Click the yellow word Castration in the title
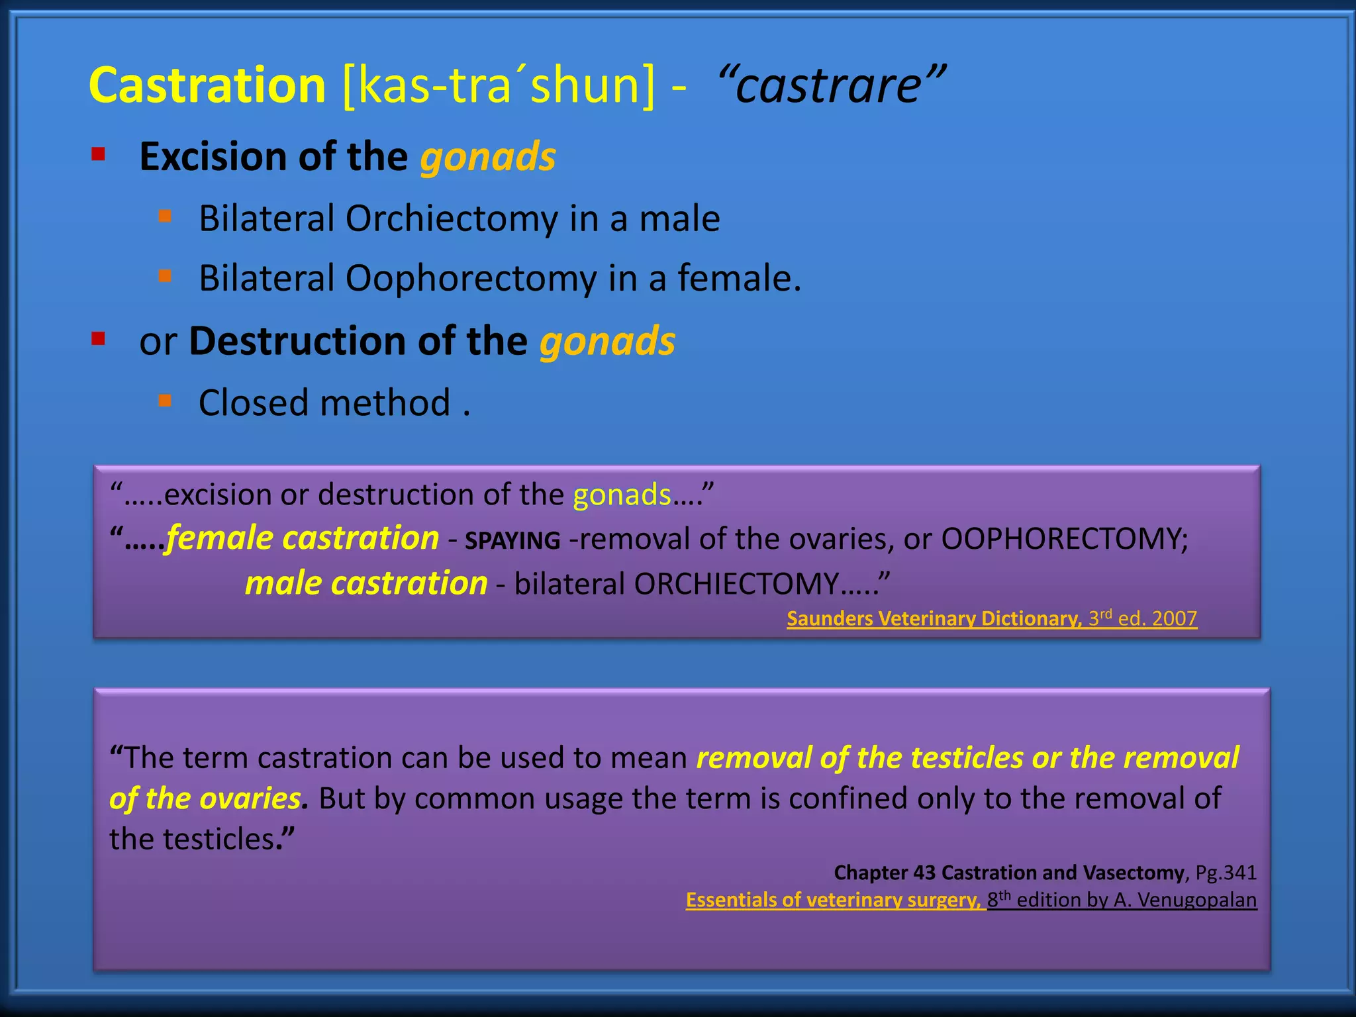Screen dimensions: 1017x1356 pos(207,86)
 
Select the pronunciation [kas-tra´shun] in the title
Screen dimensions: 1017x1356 pos(498,86)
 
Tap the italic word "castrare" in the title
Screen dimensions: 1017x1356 pos(831,86)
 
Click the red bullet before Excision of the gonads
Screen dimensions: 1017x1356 pos(99,155)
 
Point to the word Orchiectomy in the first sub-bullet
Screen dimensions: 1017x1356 pos(451,218)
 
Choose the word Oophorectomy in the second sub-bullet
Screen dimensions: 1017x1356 pos(471,278)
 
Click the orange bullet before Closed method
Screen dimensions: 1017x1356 pos(165,400)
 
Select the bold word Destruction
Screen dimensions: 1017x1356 pos(297,341)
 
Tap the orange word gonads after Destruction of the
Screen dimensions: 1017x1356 pos(607,341)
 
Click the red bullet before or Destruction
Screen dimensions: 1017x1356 pos(99,339)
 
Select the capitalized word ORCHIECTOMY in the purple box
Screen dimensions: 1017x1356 pos(736,584)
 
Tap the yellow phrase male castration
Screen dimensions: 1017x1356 pos(365,583)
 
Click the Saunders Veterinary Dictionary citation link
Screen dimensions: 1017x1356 pos(934,618)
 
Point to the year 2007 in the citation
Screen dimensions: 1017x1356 pos(1174,618)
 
